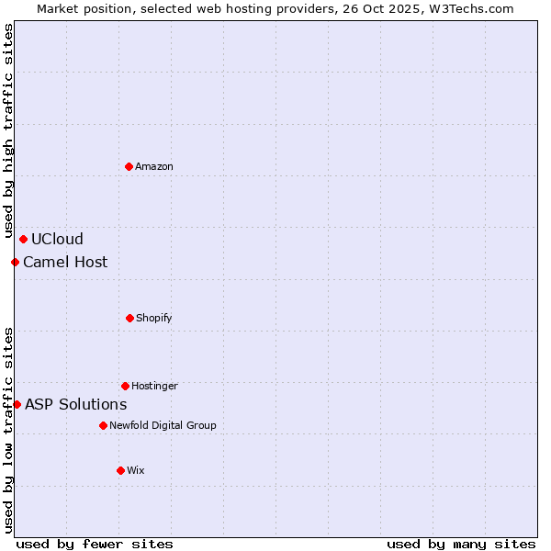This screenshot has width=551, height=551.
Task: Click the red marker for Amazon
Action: coord(129,166)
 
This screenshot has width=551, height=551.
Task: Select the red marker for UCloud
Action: coord(23,240)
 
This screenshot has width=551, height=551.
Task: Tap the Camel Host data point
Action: coord(15,263)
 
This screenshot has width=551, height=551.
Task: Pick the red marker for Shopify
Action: coord(129,318)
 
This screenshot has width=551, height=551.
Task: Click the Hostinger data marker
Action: coord(125,386)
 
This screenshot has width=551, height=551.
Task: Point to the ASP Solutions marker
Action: coord(17,404)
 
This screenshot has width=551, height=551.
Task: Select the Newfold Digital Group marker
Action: coord(103,425)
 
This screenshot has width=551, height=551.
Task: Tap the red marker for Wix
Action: coord(120,470)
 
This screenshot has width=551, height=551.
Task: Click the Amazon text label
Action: coord(154,166)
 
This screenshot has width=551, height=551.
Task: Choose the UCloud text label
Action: coord(57,240)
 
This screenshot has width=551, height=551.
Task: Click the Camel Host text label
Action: coord(65,263)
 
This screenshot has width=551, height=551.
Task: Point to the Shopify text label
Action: coord(154,318)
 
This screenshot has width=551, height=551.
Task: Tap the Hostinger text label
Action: coord(154,386)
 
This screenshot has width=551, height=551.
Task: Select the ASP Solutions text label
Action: coord(75,404)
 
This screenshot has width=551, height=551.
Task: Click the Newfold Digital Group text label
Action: coord(163,425)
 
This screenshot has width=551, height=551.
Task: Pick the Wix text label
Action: coord(136,470)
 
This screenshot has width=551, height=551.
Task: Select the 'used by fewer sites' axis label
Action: coord(95,544)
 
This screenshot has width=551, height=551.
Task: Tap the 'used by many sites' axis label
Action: coord(461,544)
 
